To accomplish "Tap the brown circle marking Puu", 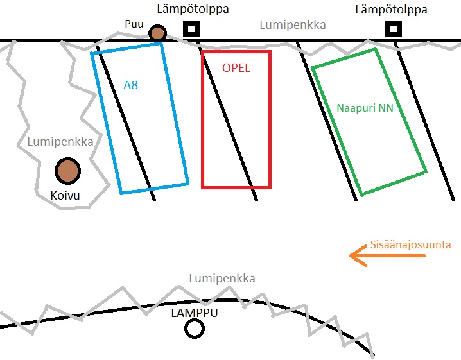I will tap(157, 33).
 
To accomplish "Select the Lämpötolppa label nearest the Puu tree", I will tap(193, 10).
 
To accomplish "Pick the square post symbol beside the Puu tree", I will tap(191, 30).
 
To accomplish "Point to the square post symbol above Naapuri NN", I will tap(394, 30).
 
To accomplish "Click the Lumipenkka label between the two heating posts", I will tap(292, 25).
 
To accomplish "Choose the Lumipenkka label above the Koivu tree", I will tap(60, 142).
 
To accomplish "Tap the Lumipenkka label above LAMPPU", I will tap(222, 279).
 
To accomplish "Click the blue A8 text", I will tap(130, 85).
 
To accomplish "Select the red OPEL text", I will tap(236, 68).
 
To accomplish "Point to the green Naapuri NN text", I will tap(365, 108).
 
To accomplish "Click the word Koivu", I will tap(65, 195).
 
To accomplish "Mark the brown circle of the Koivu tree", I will tap(67, 171).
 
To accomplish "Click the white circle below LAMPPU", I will tap(194, 329).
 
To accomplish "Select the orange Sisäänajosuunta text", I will tap(411, 244).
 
